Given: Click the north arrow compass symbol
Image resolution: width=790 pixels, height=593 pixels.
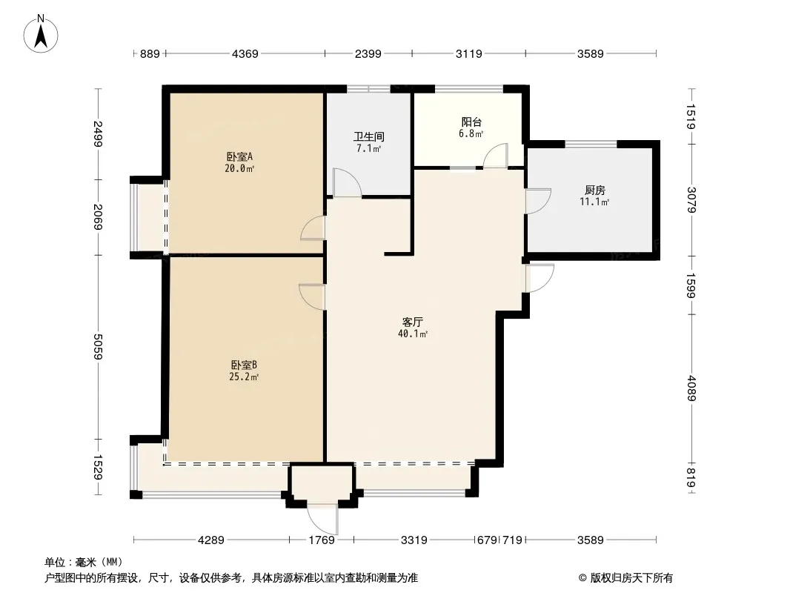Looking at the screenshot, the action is click(41, 34).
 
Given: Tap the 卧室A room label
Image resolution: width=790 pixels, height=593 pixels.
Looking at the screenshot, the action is click(239, 156).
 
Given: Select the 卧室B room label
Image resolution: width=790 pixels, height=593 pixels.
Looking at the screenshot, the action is click(245, 365).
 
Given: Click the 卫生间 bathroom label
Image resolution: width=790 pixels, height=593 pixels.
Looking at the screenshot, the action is click(369, 136).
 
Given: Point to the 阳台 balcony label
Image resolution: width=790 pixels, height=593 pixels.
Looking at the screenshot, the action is click(471, 122).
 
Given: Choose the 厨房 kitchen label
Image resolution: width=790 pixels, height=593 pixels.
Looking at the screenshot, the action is click(594, 191).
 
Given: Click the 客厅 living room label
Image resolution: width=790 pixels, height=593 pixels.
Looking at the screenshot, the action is click(413, 322).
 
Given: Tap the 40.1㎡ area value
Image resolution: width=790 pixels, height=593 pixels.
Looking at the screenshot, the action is click(413, 334).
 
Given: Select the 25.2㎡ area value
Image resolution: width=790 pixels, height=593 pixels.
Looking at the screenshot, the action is click(245, 377).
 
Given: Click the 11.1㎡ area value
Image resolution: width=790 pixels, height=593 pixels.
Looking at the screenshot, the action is click(594, 202).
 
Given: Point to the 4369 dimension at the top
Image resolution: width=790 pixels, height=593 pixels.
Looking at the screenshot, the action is click(245, 53).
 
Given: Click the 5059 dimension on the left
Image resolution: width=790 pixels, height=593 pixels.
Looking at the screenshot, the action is click(98, 347).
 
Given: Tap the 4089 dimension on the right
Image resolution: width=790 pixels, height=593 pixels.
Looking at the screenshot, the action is click(691, 388).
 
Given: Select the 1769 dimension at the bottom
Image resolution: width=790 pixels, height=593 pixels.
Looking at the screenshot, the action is click(322, 540).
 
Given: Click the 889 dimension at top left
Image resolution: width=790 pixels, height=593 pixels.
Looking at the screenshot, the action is click(150, 53).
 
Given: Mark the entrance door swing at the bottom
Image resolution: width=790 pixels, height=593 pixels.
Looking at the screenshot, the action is click(323, 519).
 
